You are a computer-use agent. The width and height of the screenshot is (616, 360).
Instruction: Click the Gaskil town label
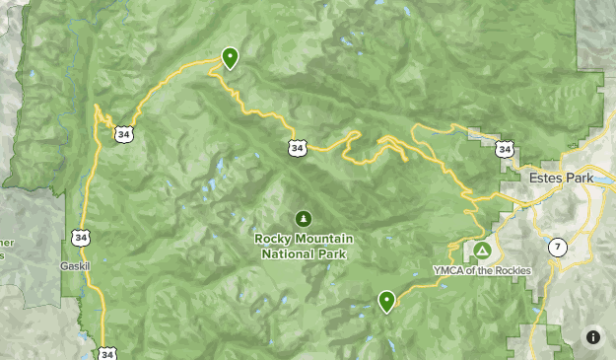coord(74,266)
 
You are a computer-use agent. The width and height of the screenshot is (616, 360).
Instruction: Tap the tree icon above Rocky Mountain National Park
coord(304,218)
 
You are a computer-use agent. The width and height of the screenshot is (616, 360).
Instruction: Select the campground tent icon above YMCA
coord(482,251)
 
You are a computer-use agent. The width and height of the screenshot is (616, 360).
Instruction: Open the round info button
coord(593,336)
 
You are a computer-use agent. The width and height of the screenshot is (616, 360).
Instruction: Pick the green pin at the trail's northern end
coord(230,58)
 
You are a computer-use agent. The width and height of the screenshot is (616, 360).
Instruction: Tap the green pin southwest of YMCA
coord(386,300)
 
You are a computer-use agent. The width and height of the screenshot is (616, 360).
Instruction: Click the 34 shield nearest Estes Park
coord(505,149)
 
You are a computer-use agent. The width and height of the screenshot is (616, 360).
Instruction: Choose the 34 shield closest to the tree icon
coord(297,147)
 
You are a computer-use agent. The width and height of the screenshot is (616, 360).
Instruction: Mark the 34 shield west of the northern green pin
coord(123,133)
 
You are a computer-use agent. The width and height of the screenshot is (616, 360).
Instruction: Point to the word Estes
coord(547,180)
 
